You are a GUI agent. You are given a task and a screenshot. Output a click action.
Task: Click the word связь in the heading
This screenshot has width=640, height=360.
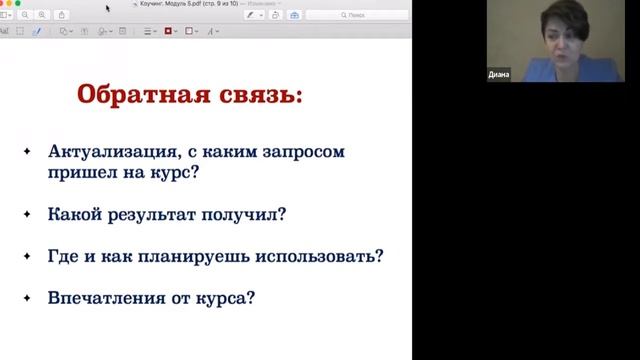coord(255,98)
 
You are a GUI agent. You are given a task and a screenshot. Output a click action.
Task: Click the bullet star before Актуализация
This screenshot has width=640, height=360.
coord(27,152)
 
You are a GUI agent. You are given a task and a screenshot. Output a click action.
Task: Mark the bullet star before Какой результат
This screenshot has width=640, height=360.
coord(27,213)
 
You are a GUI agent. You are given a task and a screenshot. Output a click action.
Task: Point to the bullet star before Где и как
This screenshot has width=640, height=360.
coord(27,255)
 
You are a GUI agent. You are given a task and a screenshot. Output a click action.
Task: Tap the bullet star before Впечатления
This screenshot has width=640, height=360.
coord(27,297)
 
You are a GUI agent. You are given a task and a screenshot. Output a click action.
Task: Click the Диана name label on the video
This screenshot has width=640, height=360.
coord(499,75)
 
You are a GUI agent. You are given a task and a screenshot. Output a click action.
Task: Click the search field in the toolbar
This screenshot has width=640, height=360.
coord(355,15)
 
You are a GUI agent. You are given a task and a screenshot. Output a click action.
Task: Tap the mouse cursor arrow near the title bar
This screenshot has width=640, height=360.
coord(108,8)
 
